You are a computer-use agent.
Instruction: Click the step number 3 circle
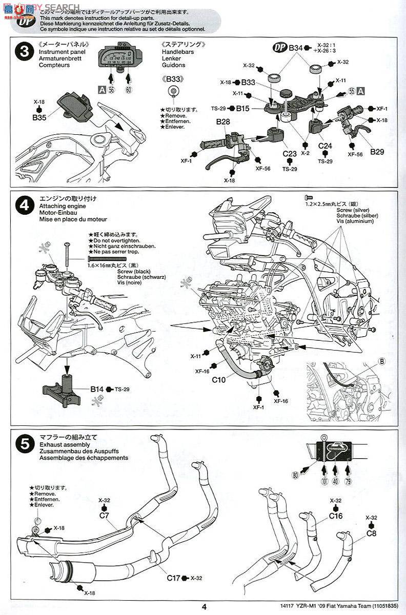pos(24,52)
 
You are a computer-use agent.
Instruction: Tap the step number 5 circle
pos(24,444)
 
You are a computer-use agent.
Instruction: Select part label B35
pos(39,117)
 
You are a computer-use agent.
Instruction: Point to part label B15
pos(243,108)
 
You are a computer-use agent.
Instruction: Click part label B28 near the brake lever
pos(223,122)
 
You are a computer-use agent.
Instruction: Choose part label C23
pos(289,153)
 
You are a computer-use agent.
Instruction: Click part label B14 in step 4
pos(97,389)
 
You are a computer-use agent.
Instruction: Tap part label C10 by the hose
pos(218,380)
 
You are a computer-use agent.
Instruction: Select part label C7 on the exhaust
pos(104,515)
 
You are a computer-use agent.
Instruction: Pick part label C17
pos(173,578)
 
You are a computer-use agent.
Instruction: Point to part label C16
pos(336,516)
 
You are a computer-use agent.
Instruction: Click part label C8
pos(372,532)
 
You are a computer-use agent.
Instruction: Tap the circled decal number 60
pos(128,90)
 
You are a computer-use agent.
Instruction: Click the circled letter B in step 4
pos(381,361)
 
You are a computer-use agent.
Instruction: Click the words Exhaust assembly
pos(63,444)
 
